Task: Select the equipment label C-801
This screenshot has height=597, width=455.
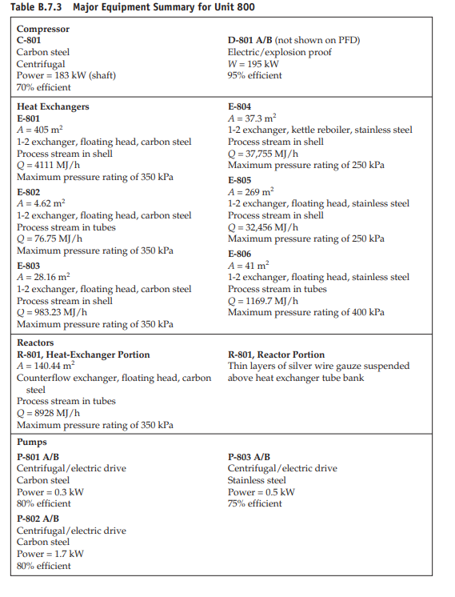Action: (x=30, y=40)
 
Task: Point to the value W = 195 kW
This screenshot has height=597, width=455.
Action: (x=253, y=64)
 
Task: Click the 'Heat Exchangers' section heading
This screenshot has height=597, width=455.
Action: (x=53, y=106)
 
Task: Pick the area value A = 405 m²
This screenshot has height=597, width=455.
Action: (x=39, y=130)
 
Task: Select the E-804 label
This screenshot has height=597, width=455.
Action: (x=239, y=106)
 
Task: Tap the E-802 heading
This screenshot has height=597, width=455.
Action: (x=28, y=192)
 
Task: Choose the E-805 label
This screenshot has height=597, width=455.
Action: (x=239, y=180)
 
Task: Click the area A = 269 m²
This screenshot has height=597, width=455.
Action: (x=251, y=192)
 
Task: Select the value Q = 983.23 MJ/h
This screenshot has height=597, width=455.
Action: (x=52, y=312)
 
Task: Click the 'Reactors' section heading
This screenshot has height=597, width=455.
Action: (x=35, y=343)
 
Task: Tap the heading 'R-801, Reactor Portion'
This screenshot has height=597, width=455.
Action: (x=276, y=355)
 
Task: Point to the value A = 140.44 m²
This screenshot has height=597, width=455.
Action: (x=46, y=367)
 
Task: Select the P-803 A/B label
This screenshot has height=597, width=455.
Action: (x=249, y=457)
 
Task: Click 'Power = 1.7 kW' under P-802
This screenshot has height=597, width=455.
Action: (x=50, y=554)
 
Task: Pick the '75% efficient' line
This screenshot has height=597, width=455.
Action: (x=254, y=503)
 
